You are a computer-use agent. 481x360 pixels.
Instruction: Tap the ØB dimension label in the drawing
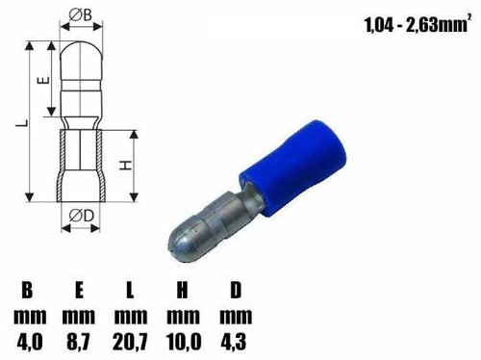pos(81,14)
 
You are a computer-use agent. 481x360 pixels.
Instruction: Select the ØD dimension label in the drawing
pos(81,216)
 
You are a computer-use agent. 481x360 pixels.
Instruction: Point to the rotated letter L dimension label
pos(22,122)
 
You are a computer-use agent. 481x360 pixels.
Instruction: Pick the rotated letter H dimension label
pos(126,165)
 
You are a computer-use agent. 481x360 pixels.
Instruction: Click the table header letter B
pos(27,290)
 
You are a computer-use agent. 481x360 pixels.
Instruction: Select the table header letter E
pos(79,290)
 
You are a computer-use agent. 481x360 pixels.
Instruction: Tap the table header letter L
pos(130,290)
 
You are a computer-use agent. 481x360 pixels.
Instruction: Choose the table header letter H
pos(182,290)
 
